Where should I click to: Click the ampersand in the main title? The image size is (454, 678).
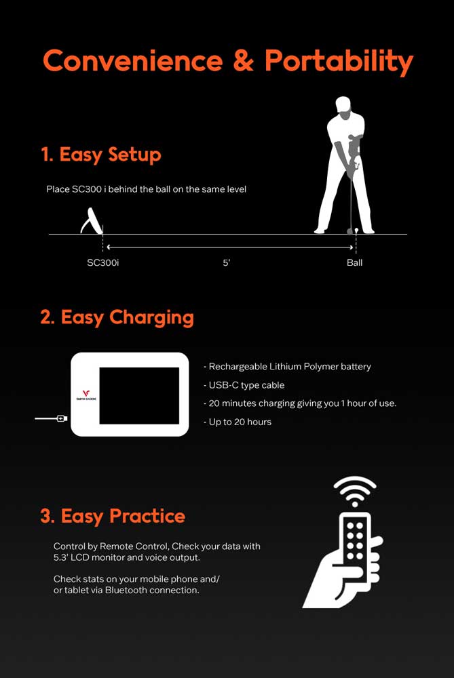tap(243, 60)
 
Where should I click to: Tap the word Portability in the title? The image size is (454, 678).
tap(339, 62)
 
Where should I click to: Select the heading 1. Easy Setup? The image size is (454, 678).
tap(101, 155)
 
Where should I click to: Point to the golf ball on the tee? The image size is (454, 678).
tap(356, 231)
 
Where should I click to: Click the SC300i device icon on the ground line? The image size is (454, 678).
tap(92, 221)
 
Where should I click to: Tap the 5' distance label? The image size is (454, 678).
tap(227, 262)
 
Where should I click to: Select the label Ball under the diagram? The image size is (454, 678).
tap(354, 262)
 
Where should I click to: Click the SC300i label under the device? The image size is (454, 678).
tap(103, 262)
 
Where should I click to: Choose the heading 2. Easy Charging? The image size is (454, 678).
tap(117, 317)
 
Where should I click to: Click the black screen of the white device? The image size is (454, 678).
tap(139, 396)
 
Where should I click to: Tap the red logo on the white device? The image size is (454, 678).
tap(86, 393)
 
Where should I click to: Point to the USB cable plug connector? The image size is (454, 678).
tap(62, 418)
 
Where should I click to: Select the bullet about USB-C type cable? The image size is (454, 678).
tap(244, 385)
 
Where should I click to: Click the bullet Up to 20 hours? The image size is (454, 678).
tap(238, 422)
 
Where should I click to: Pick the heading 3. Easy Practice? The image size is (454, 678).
tap(113, 516)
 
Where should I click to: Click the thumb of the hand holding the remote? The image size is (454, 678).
tap(375, 542)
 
